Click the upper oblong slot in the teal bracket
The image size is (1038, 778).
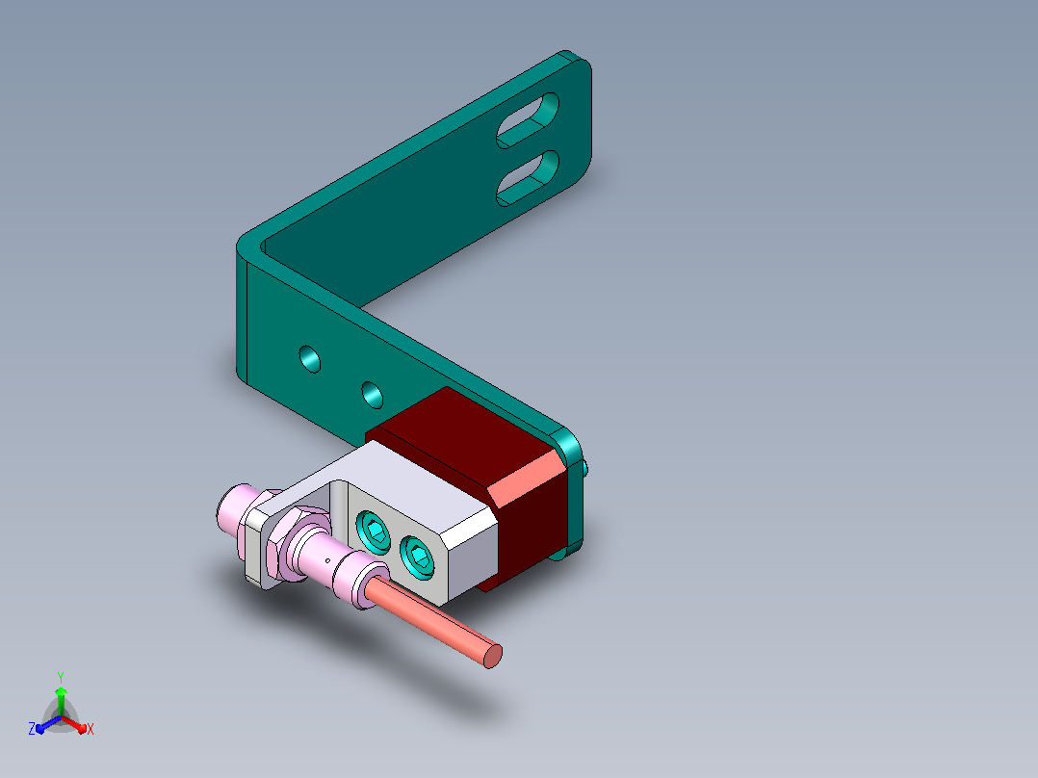pos(528,120)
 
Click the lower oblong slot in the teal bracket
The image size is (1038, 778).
pos(528,178)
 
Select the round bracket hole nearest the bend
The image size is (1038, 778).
pos(310,359)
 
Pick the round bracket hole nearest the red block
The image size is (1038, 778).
pos(372,395)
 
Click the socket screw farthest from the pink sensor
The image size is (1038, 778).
pos(418,556)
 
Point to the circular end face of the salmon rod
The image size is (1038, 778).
pos(493,656)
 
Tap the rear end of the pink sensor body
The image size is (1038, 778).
pos(227,507)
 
